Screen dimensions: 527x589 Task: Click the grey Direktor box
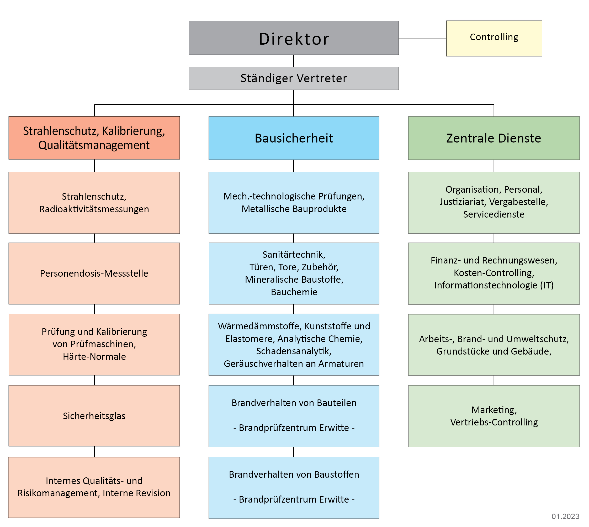(294, 38)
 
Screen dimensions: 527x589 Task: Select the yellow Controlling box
(494, 38)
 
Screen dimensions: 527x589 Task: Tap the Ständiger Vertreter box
(294, 78)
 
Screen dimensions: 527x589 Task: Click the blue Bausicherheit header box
(294, 138)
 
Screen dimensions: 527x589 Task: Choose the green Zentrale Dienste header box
(494, 138)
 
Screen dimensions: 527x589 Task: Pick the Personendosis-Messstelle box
(94, 273)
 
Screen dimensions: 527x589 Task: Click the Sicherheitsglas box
(94, 416)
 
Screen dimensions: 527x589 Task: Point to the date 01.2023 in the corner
(565, 516)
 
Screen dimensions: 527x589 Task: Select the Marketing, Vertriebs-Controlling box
(494, 416)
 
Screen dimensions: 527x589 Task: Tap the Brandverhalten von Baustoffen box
(294, 487)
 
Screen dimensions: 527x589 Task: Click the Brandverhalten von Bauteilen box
(294, 416)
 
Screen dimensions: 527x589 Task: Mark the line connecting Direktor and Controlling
(422, 38)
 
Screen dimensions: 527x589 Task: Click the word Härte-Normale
(94, 356)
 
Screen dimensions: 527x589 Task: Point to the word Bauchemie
(294, 292)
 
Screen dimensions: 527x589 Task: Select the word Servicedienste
(494, 214)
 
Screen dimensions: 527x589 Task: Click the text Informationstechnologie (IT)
(494, 285)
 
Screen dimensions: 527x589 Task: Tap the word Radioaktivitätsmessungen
(94, 209)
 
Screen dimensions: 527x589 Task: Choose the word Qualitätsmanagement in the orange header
(94, 145)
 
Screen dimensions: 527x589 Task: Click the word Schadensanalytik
(294, 351)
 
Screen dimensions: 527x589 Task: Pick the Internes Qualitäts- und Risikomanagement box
(94, 487)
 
